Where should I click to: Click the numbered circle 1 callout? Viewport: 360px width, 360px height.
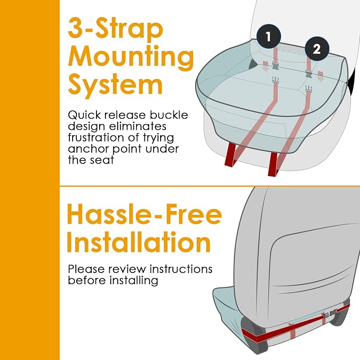coord(269,37)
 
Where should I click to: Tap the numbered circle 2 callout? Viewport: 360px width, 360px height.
coord(317,49)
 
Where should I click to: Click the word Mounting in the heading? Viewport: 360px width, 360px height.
coord(131,58)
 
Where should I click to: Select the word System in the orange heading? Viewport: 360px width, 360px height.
coord(115,85)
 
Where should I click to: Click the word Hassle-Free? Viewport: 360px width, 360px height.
coord(144,214)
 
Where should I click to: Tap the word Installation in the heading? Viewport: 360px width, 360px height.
coord(139,242)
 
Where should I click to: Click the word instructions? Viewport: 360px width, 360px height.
coord(181,269)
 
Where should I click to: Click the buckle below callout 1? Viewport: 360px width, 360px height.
coord(276,65)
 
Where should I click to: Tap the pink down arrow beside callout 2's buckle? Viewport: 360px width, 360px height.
coord(320,76)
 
